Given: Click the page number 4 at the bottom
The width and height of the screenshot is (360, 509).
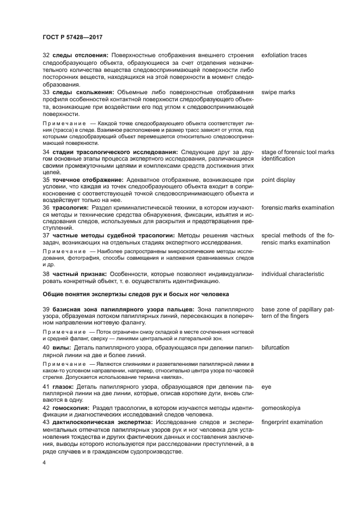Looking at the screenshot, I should pos(44,462).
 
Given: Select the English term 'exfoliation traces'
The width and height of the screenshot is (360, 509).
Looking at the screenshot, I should pos(284,56).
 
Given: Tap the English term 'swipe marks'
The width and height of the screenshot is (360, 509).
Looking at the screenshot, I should pos(278,93).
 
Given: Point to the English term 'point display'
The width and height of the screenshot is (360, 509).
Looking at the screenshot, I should pos(278,180).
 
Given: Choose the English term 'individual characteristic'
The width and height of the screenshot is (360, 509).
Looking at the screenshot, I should pos(292,274).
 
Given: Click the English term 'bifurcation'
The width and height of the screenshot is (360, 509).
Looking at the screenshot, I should pos(275,346).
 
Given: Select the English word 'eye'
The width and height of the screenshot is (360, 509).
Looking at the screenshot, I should pos(266,387).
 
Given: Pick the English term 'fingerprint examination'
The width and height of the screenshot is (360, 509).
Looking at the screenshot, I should pos(292,422).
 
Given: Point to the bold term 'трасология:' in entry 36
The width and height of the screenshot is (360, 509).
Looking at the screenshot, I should pos(70,207).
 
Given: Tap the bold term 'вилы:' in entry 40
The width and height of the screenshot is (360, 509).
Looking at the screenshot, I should pos(62,346).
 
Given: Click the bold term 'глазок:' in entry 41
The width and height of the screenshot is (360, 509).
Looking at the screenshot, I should pos(65,387).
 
